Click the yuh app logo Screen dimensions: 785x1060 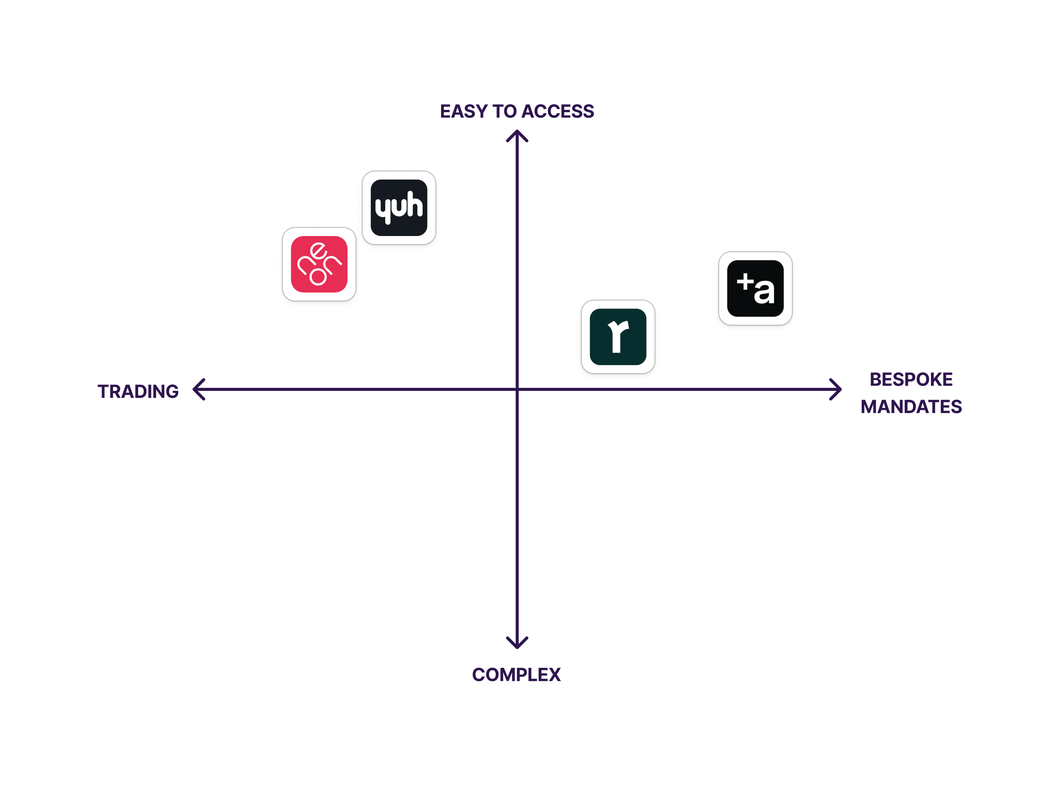[x=399, y=208]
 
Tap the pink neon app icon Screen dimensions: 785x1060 [x=319, y=264]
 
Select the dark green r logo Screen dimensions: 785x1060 [x=618, y=336]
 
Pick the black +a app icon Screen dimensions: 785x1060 [x=755, y=288]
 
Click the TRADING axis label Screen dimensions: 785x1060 [x=138, y=391]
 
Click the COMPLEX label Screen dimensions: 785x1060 [x=517, y=675]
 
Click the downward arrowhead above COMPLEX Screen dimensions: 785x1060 [x=517, y=644]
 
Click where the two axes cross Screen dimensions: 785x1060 [x=517, y=389]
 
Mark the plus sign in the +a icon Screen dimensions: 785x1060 [x=745, y=281]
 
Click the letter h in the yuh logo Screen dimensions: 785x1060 [x=415, y=205]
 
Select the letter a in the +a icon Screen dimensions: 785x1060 [x=764, y=292]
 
